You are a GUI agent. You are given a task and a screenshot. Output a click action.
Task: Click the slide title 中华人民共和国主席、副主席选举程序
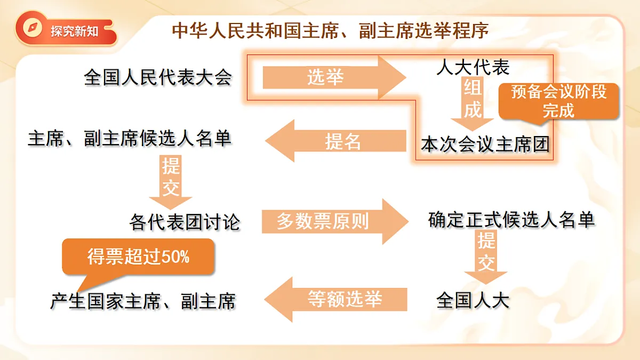[x=330, y=31]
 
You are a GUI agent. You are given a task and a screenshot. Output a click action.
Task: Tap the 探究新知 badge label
[x=74, y=31]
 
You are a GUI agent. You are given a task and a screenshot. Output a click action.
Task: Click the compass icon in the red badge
[x=33, y=28]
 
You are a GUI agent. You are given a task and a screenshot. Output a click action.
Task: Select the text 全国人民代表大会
[x=158, y=77]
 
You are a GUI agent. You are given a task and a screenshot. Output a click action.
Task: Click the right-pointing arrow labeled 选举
[x=334, y=77]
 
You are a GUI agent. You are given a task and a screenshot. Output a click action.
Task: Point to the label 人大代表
[x=473, y=67]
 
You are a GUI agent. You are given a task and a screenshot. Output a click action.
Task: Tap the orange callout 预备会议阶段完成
[x=558, y=101]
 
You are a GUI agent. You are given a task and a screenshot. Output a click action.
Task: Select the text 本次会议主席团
[x=485, y=144]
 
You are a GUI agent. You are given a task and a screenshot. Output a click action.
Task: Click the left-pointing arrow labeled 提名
[x=335, y=141]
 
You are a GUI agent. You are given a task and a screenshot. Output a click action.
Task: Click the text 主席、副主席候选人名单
[x=130, y=139]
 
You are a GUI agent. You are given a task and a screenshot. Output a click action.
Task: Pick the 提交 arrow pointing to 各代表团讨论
[x=171, y=182]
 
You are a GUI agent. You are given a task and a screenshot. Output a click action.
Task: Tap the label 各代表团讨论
[x=185, y=222]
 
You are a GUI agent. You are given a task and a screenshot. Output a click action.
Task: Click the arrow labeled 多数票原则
[x=335, y=221]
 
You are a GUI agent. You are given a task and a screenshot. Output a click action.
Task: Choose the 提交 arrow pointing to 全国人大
[x=486, y=257]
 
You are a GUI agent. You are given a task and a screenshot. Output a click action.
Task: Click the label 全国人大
[x=473, y=300]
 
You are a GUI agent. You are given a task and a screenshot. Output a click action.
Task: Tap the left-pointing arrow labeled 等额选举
[x=335, y=299]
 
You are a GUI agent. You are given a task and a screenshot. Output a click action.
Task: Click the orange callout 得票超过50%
[x=138, y=257]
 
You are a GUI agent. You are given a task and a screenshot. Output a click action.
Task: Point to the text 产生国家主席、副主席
[x=143, y=301]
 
